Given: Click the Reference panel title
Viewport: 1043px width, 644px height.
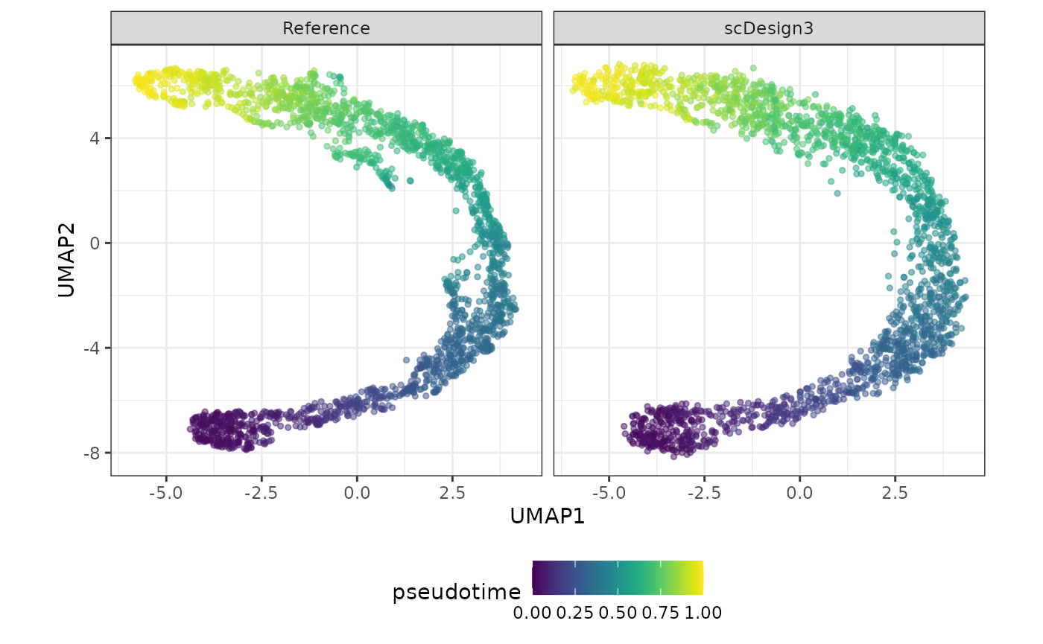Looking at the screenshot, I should pos(326,28).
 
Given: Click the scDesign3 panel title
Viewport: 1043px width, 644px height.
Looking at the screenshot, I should pos(769,28).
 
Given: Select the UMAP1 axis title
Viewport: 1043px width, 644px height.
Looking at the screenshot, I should pos(548,517).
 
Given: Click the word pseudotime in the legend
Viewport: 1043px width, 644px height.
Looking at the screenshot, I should pos(457,593).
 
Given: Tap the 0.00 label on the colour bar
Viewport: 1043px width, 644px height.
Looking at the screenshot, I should pos(532,613).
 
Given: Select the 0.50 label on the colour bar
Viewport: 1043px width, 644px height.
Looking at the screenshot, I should pos(618,613).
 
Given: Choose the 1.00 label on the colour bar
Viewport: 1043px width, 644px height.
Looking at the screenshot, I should pos(703,613).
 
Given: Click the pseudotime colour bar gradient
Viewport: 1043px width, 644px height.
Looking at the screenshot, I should pos(618,578).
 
